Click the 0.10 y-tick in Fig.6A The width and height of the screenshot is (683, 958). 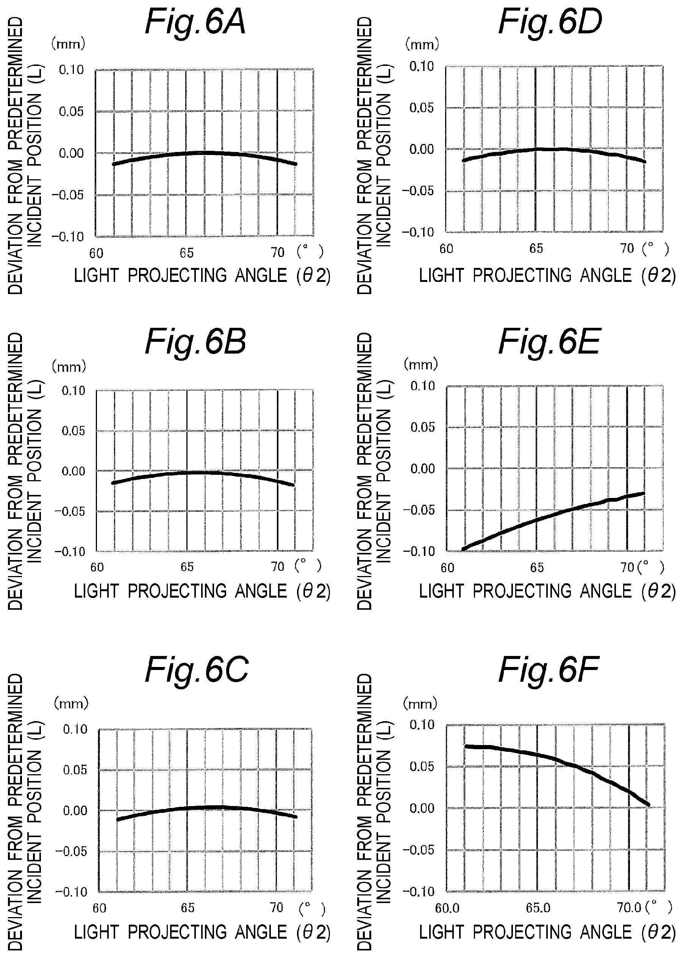pyautogui.click(x=72, y=70)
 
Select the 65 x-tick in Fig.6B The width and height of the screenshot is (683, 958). pyautogui.click(x=187, y=567)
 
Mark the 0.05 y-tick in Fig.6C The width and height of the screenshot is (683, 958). pyautogui.click(x=75, y=770)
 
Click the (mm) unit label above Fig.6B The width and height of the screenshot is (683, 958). pyautogui.click(x=69, y=366)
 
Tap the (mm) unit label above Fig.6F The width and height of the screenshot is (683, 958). pyautogui.click(x=420, y=703)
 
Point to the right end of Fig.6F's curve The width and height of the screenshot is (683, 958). pyautogui.click(x=649, y=805)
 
